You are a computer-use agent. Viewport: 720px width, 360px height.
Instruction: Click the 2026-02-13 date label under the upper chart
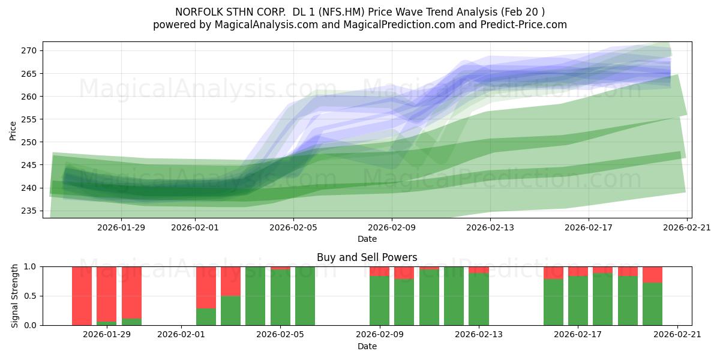490,227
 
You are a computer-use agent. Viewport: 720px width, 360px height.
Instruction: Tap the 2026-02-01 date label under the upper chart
196,227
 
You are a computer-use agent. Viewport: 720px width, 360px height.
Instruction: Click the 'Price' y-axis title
13,130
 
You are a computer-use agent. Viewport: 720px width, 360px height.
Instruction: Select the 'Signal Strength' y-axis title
16,296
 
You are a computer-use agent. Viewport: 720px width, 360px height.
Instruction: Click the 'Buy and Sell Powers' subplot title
367,257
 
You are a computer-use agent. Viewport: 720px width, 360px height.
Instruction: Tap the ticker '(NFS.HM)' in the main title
344,12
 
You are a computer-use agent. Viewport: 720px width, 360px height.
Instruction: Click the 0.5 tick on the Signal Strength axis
29,296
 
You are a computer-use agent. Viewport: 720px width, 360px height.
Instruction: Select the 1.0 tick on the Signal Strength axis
29,266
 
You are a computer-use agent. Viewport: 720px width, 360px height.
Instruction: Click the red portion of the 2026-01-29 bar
106,294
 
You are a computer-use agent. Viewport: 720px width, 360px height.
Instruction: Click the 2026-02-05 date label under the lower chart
280,334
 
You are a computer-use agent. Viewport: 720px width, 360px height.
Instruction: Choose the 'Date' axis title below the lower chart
367,346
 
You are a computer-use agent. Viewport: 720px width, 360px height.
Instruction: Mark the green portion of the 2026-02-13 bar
479,299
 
